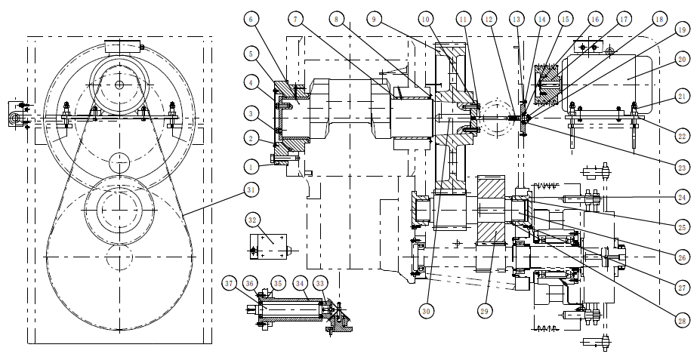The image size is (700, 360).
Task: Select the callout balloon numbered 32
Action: click(253, 220)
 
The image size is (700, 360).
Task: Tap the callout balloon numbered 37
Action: click(230, 283)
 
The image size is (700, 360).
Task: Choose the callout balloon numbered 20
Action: click(682, 58)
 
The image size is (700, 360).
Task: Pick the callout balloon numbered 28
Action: click(682, 321)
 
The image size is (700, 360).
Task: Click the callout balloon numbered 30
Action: click(427, 309)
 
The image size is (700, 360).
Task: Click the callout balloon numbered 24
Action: click(682, 196)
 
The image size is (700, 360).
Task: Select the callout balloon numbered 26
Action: click(682, 258)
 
